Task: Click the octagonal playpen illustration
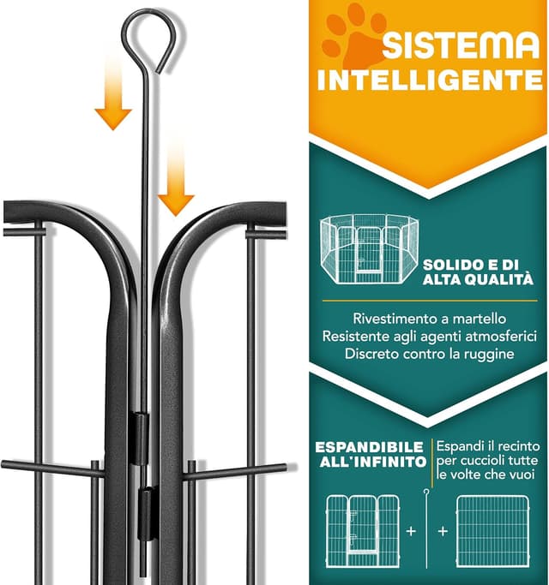click(x=369, y=249)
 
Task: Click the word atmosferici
click(x=501, y=336)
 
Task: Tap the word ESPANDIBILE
click(x=369, y=447)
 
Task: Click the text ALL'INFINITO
click(x=373, y=463)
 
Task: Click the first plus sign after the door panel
click(x=411, y=530)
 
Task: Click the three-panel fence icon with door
click(x=363, y=531)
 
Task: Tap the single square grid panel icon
click(x=493, y=531)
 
